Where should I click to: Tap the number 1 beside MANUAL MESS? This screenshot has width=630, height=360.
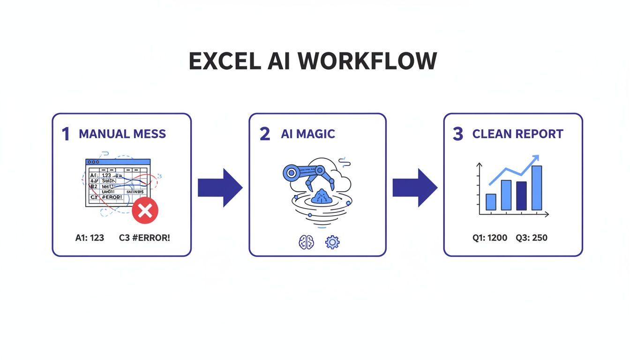pos(66,134)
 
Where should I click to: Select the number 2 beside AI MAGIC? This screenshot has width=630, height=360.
pos(265,134)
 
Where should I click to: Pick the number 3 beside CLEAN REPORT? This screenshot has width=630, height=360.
pos(458,134)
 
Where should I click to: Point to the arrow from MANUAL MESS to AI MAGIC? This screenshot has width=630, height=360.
pos(220,187)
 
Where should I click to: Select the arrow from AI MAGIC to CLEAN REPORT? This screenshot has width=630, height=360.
pos(414,187)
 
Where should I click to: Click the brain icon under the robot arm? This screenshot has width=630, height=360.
pos(306,242)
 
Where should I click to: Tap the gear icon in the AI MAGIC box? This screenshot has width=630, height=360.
pos(332,242)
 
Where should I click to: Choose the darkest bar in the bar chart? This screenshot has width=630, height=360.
pos(521,195)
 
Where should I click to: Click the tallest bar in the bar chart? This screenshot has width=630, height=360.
pos(537,187)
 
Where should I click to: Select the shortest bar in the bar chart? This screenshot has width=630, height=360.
pos(491,202)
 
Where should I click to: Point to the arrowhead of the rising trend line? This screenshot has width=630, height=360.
pos(535,159)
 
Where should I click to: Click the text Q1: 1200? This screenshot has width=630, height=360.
pos(490,238)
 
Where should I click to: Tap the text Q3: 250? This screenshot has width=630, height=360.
pos(532,238)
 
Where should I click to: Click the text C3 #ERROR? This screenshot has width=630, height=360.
pos(144,238)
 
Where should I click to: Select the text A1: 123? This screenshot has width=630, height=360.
pos(90,238)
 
